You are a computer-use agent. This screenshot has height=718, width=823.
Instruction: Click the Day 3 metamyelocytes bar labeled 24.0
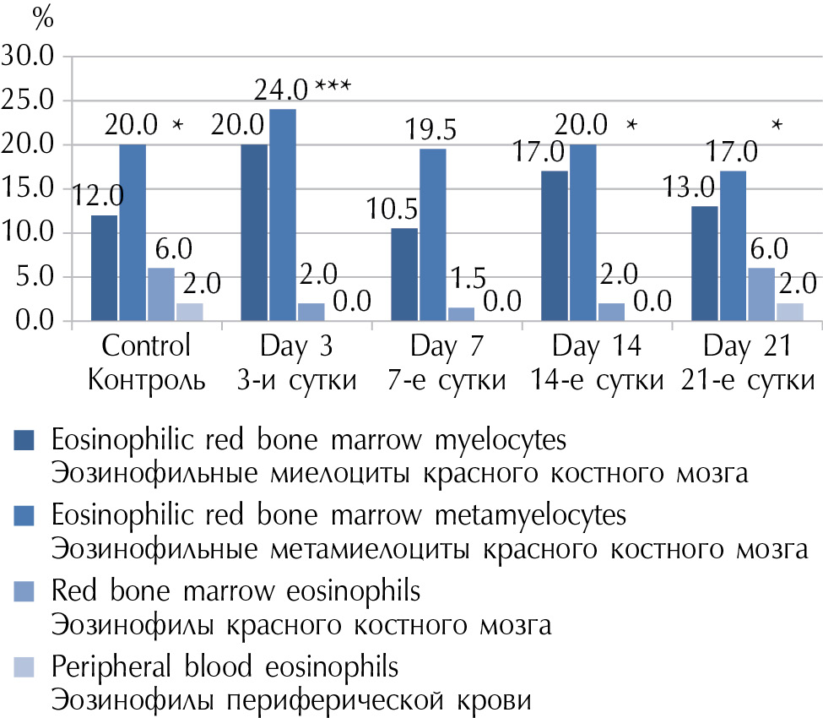(283, 215)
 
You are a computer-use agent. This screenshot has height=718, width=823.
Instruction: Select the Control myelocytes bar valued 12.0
(104, 268)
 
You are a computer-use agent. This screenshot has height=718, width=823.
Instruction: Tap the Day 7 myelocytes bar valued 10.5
(404, 275)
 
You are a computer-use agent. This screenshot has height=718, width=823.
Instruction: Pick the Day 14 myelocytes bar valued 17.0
(555, 247)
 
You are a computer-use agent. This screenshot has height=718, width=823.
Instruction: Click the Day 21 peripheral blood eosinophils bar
(790, 312)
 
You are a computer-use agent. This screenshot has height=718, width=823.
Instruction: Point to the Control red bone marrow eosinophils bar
(161, 295)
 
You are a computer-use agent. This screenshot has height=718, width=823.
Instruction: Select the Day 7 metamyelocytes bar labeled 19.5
(433, 235)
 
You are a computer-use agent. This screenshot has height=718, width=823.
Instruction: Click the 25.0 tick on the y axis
(29, 101)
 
